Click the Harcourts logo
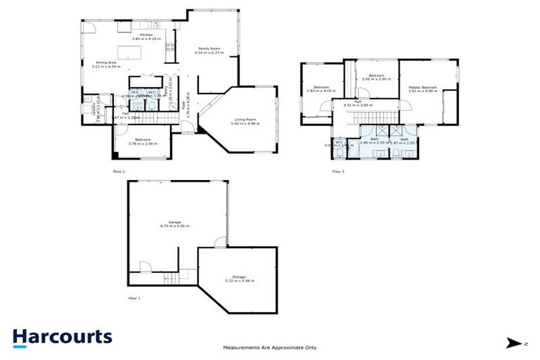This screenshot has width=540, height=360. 62,337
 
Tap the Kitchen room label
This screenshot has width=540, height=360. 146,34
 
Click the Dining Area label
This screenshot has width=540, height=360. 106,62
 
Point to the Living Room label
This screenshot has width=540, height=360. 245,120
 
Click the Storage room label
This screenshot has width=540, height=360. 239,277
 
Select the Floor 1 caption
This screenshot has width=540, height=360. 134,299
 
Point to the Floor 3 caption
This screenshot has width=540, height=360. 338,172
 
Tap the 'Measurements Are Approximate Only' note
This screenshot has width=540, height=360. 270,347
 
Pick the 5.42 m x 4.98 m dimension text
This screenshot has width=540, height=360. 245,124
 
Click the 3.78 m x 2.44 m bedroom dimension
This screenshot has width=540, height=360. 143,143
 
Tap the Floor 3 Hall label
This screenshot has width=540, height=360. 357,101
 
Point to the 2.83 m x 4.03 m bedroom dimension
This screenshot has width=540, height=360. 318,91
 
